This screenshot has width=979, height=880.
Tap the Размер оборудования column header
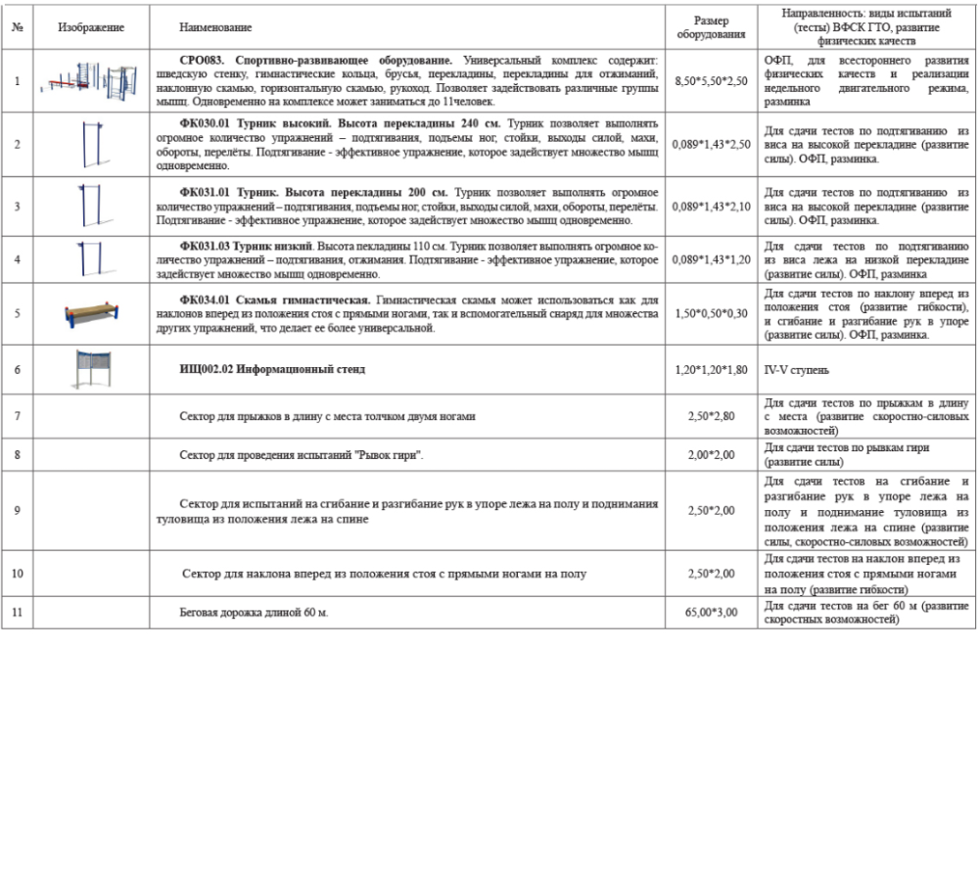pos(711,27)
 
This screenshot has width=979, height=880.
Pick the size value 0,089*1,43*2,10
pos(711,206)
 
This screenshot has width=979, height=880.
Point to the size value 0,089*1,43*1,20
pos(711,259)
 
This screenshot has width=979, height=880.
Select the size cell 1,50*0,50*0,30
pos(711,313)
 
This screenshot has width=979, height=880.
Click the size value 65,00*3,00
pos(711,614)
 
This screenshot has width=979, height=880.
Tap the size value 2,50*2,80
pos(711,416)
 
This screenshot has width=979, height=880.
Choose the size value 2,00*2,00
pos(711,454)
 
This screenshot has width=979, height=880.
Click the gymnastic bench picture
pos(91,313)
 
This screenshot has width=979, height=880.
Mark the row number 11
pos(18,614)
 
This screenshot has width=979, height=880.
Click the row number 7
pos(18,416)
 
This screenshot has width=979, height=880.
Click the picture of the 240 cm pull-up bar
pos(91,144)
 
